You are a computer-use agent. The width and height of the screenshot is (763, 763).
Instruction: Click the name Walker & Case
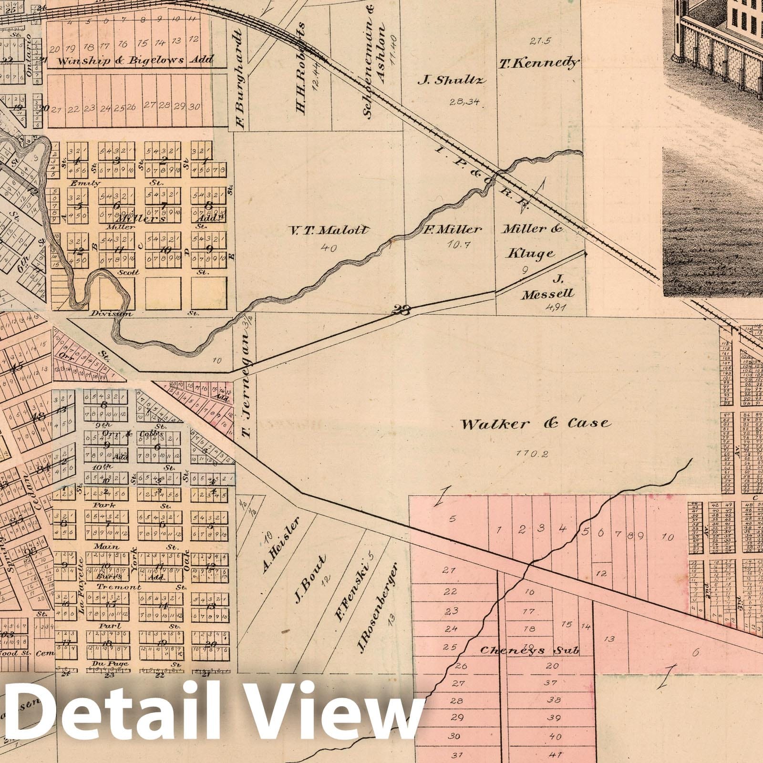(x=535, y=423)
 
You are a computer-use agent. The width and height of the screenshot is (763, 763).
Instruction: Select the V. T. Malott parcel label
(x=330, y=230)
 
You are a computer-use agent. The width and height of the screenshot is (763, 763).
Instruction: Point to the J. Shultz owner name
(x=451, y=80)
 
